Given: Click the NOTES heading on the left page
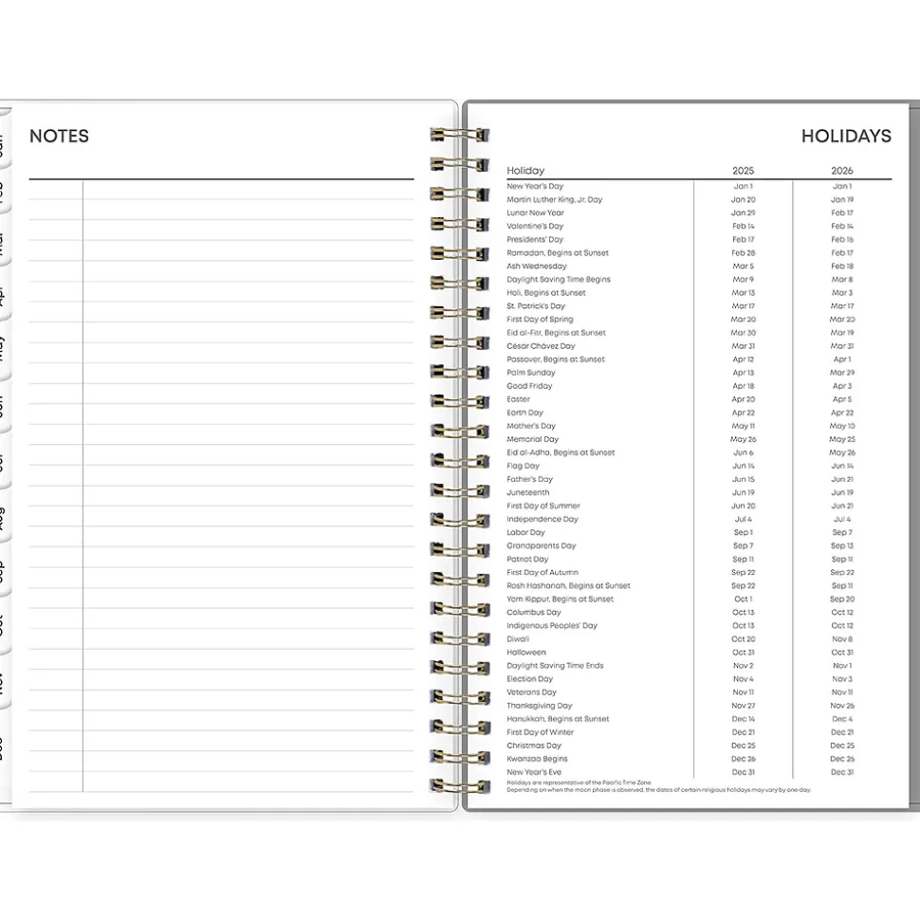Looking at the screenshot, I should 59,136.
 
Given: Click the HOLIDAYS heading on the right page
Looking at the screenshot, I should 846,136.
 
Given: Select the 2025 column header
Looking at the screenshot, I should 744,171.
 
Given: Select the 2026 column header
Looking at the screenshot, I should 842,171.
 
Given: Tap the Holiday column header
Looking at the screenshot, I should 525,171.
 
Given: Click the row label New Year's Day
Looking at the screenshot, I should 535,187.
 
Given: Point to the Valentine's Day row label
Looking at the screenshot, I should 535,227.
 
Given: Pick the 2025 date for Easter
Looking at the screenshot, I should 744,399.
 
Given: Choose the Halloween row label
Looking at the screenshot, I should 526,653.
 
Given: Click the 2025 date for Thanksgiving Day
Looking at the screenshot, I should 744,706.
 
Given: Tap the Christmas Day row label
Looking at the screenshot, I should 534,746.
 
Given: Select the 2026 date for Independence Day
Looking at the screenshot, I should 842,520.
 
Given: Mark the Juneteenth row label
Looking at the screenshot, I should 528,493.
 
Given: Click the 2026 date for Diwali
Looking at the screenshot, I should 842,639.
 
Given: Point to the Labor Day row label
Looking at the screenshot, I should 526,533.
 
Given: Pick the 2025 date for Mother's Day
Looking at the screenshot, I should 744,426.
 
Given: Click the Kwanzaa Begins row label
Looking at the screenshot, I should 537,759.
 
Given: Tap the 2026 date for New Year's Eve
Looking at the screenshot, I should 842,772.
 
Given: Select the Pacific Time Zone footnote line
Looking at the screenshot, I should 579,783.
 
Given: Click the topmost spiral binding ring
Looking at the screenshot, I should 460,135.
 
